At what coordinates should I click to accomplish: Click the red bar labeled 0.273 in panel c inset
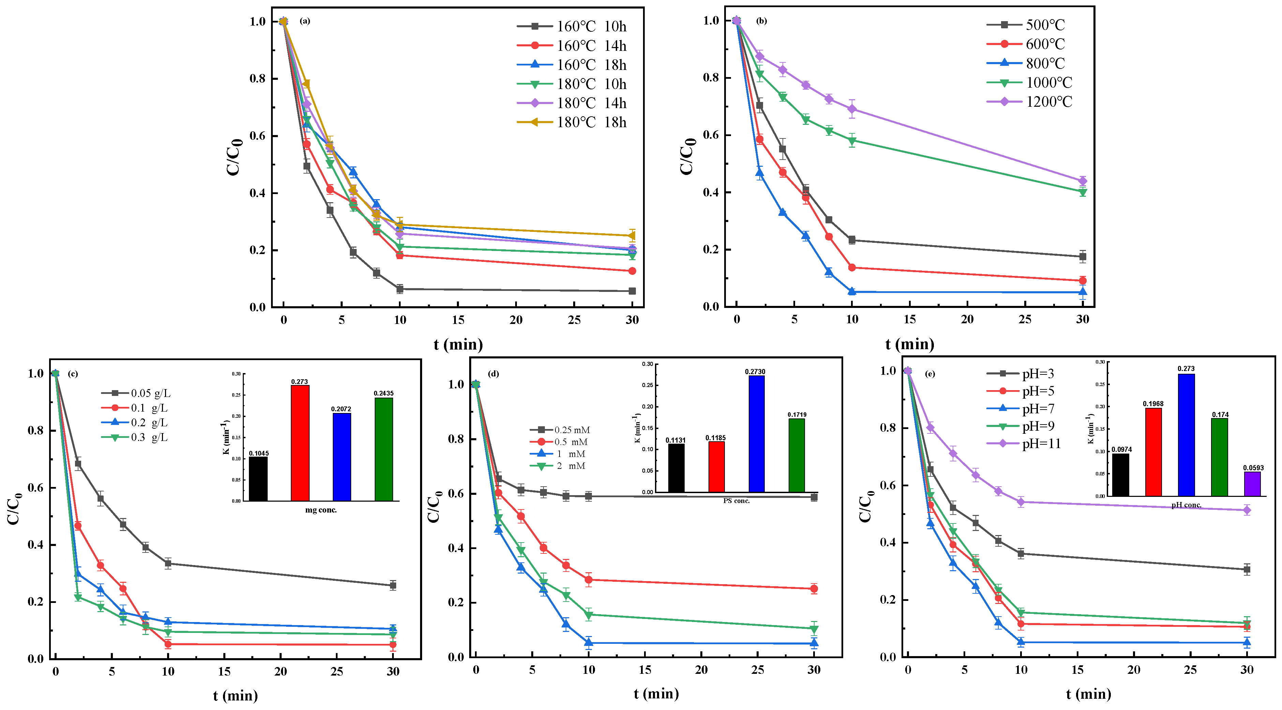coord(300,443)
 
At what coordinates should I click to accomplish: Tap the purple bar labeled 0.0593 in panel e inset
coord(1252,484)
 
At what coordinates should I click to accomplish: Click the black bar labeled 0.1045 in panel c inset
coord(258,478)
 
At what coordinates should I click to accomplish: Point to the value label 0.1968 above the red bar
coord(1153,404)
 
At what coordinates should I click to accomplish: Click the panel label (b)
coord(761,21)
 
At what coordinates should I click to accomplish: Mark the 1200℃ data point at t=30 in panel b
coord(1083,181)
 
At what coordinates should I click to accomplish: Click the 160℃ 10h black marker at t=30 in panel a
coord(632,291)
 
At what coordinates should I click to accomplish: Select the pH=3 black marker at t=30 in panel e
coord(1247,570)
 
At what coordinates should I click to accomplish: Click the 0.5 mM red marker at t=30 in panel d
coord(814,589)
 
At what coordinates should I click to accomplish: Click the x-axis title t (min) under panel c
coord(235,696)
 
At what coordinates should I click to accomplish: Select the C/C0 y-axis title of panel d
coord(434,506)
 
